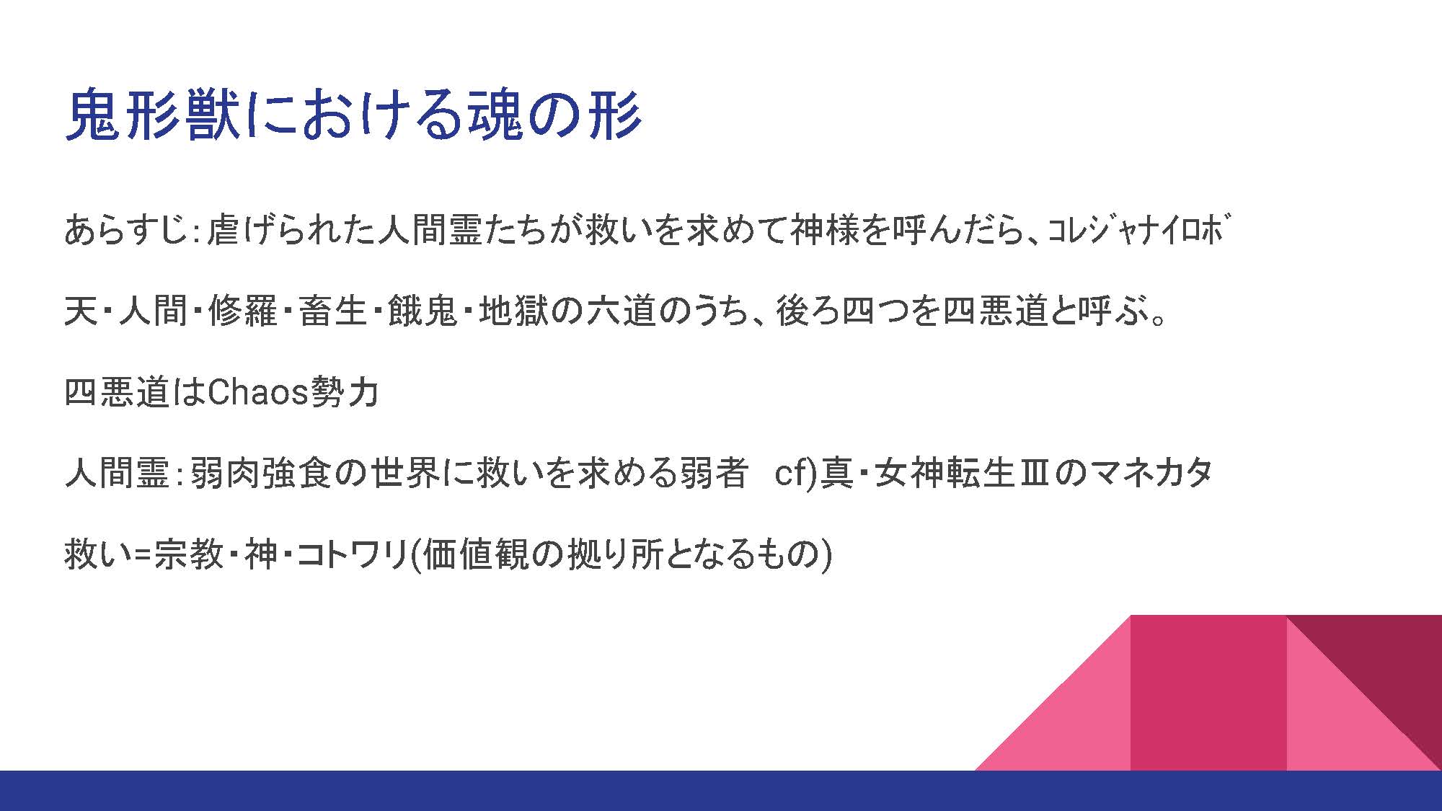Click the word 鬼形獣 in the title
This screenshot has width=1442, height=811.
[x=153, y=114]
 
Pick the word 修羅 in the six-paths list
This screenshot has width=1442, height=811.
[x=243, y=311]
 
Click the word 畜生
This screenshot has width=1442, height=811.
[x=333, y=311]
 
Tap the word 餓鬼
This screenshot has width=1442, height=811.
[x=423, y=311]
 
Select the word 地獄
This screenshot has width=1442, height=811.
[x=513, y=311]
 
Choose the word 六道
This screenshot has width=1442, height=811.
[x=621, y=311]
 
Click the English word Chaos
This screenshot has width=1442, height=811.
[x=258, y=392]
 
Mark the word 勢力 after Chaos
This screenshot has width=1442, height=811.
[x=344, y=392]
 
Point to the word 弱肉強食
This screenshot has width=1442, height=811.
[x=261, y=473]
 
